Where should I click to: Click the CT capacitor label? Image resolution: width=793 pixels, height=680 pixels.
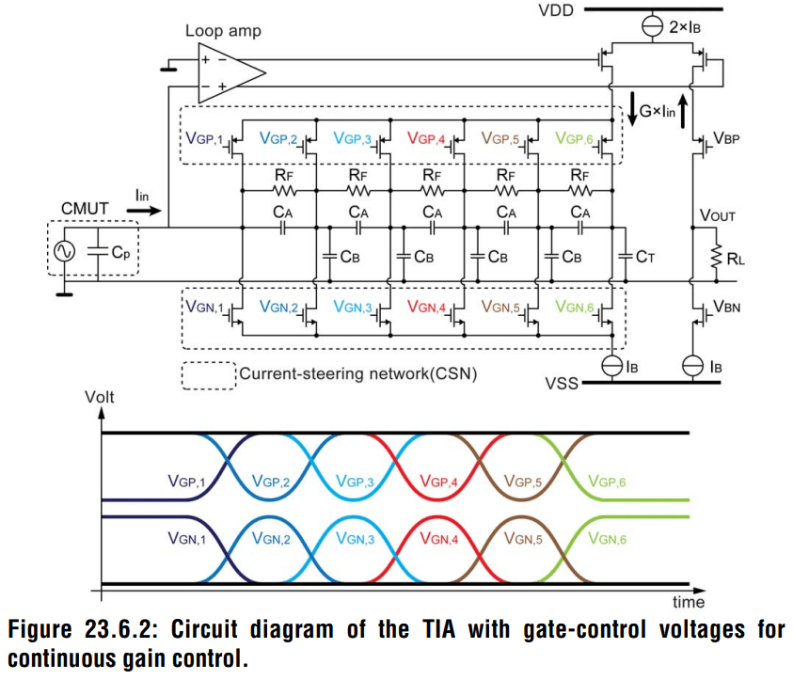[x=645, y=256]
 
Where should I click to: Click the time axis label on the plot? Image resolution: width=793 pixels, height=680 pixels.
[x=684, y=603]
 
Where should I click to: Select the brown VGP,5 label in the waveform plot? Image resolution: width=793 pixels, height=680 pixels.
[x=527, y=482]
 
